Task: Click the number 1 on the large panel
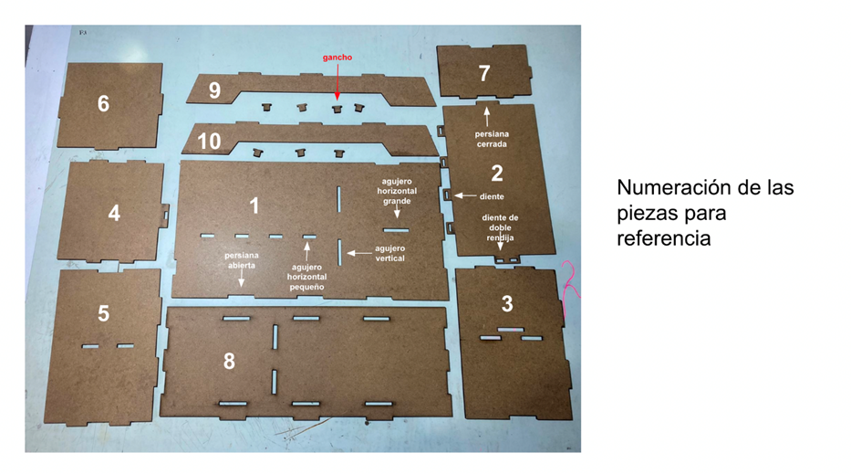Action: tap(254, 205)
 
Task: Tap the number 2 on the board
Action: tap(496, 174)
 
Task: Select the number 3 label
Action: tap(507, 304)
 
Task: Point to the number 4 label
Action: tap(114, 213)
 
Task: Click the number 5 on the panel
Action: tap(103, 313)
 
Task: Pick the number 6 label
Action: tap(103, 103)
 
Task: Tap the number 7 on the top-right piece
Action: tap(484, 73)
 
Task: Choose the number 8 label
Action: tap(229, 361)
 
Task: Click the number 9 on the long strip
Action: tap(214, 90)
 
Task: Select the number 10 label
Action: tap(209, 142)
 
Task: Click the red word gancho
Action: tap(337, 58)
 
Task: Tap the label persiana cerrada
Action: tap(492, 139)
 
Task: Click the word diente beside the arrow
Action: tap(492, 196)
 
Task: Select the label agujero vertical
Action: tap(389, 253)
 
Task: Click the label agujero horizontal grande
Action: tap(397, 192)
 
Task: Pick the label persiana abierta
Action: tap(242, 260)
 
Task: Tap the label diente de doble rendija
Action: tap(500, 227)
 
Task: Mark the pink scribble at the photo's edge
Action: tap(570, 280)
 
